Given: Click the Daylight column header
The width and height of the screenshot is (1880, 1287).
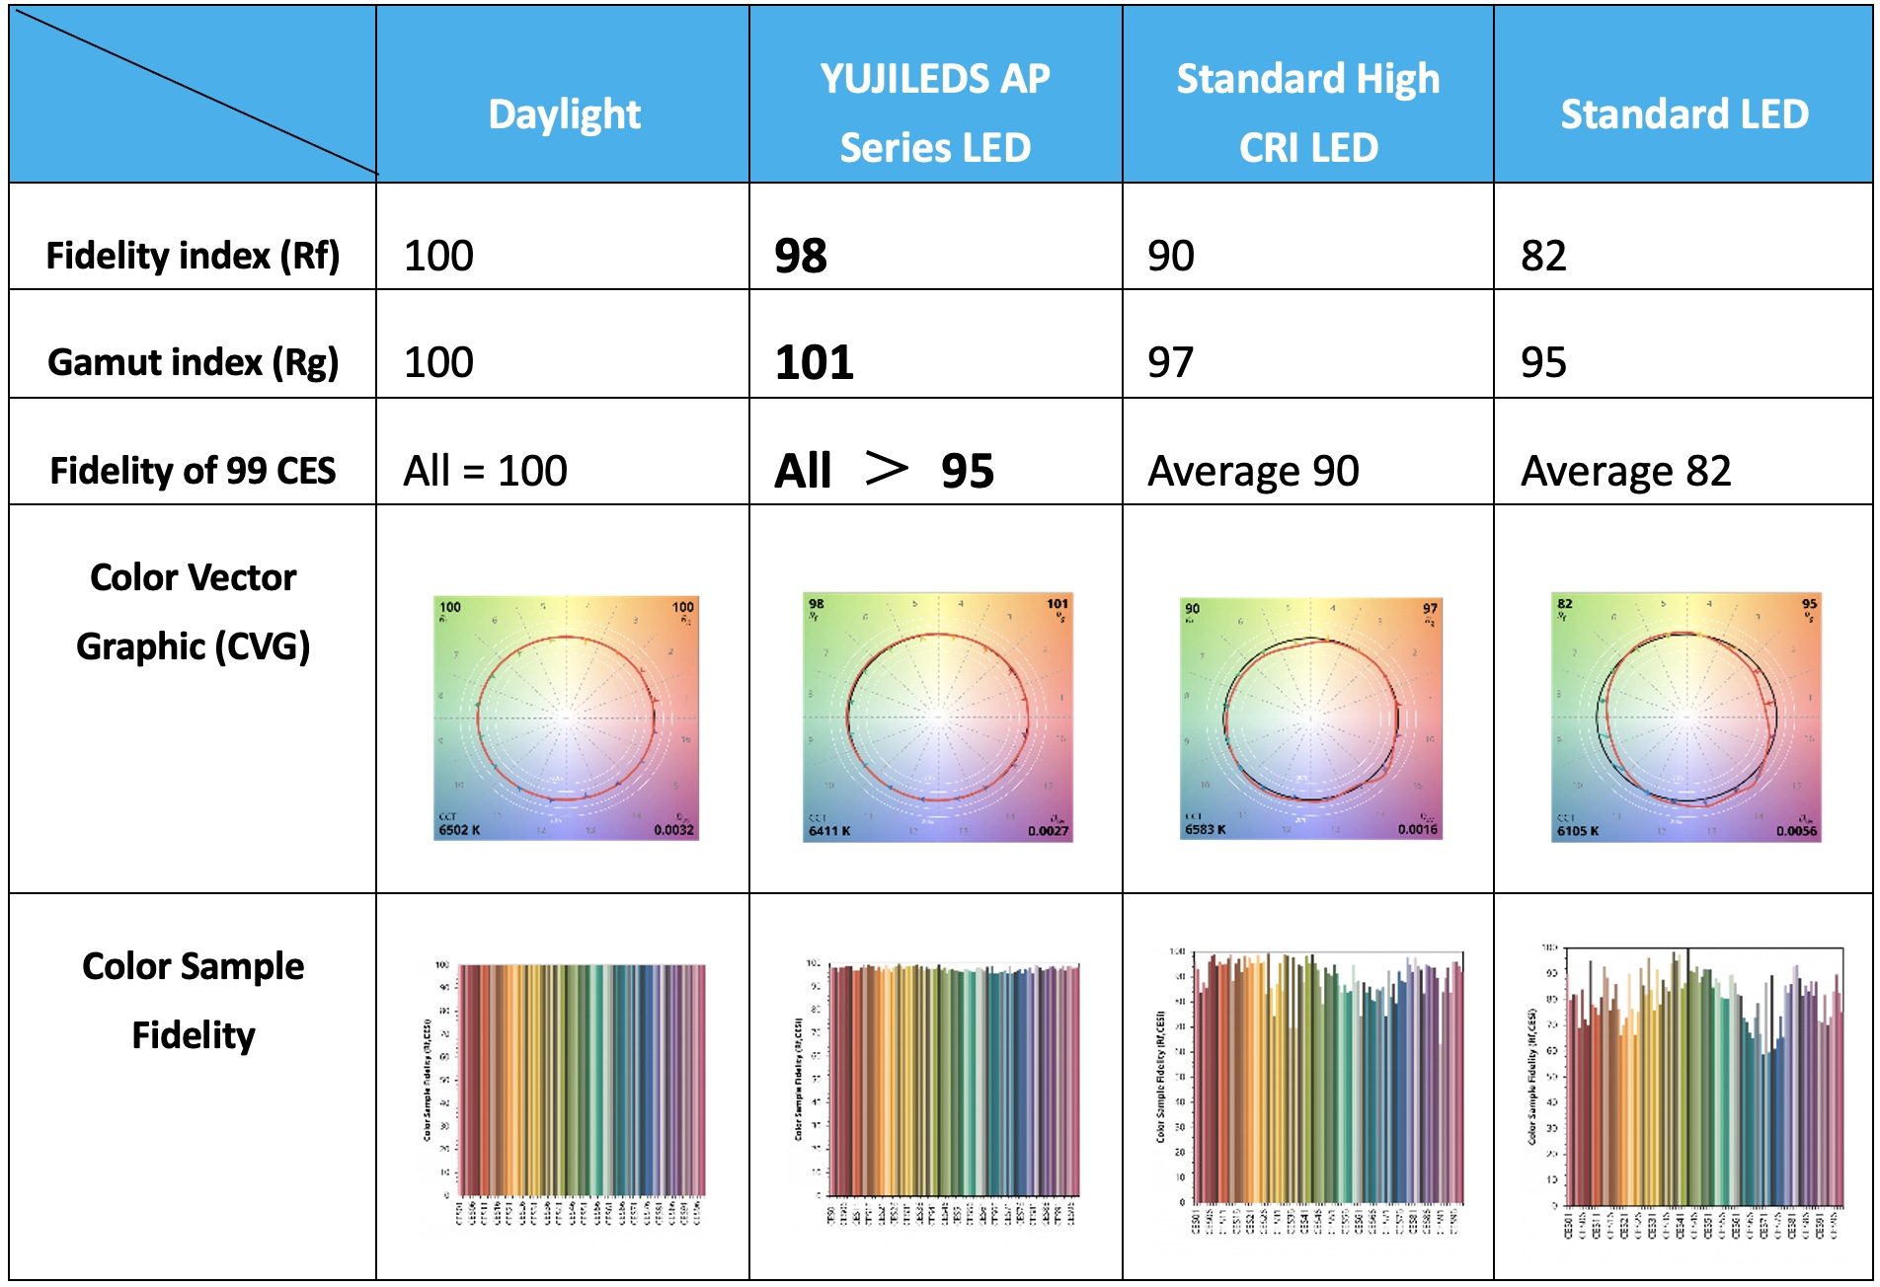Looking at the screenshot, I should coord(564,114).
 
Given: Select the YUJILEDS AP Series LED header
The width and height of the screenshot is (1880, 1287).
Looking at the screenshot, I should coord(935,113).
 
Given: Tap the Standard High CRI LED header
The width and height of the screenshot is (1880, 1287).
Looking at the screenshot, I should coord(1308,113).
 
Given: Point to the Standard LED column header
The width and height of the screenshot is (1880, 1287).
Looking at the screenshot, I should coord(1684,114).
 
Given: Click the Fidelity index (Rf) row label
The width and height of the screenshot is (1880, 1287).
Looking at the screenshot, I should coord(193,256).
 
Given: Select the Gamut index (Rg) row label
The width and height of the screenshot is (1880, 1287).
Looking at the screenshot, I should coord(193,362).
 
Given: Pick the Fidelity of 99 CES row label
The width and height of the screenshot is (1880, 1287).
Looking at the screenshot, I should coord(193,471).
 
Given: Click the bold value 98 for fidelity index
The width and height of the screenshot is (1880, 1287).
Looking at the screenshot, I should coord(801,257).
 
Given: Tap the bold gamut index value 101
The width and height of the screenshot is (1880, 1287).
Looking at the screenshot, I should coord(815,363).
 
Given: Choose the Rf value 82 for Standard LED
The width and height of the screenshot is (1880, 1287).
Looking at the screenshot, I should coord(1543,257).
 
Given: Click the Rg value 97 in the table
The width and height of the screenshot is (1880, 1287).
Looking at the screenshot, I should coord(1170,363).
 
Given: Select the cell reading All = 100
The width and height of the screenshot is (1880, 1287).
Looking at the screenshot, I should coord(485,471).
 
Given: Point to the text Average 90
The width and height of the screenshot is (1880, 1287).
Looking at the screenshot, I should coord(1253,472).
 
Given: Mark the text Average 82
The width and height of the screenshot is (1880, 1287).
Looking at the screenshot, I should coord(1625,472).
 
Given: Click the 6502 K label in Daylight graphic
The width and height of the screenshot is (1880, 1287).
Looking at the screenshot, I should coord(459,830).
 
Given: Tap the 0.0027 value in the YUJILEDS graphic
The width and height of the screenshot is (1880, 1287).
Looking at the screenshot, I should coord(1048,831).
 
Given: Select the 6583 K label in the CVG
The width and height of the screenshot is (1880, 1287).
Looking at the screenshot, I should coord(1206,829).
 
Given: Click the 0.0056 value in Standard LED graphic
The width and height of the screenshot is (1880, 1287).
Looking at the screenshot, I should coord(1796,831).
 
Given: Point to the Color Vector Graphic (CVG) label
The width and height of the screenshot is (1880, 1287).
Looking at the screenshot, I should coord(193,612).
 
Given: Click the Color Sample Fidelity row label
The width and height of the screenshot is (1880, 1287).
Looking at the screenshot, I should coord(193,1001).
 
